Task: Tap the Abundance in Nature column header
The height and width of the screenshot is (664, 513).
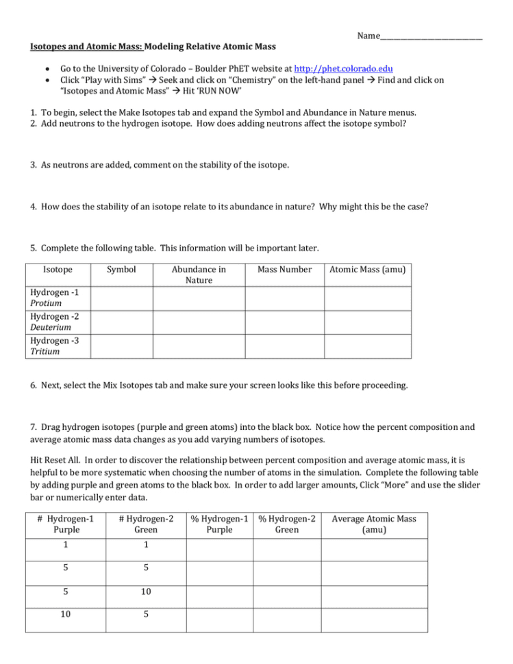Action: click(199, 274)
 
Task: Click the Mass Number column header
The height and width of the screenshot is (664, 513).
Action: click(284, 270)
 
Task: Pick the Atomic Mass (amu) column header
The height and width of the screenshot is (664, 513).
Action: click(368, 270)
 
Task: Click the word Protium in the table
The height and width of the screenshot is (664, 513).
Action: click(46, 303)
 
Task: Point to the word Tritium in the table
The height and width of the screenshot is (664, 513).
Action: click(45, 351)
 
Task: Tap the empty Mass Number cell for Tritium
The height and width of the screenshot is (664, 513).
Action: click(284, 346)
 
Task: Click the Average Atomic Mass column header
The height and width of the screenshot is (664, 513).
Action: click(375, 524)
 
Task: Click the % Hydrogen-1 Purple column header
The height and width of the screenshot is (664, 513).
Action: click(219, 524)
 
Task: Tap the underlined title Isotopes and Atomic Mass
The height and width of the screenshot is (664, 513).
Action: click(86, 47)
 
